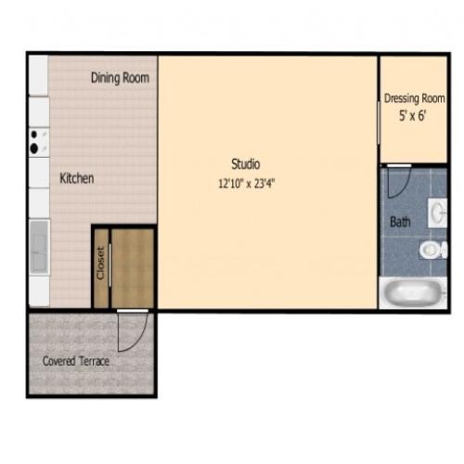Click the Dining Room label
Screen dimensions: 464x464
point(120,78)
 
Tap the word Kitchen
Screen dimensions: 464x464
point(77,178)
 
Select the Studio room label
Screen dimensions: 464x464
point(245,165)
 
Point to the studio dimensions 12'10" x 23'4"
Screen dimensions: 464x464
point(246,183)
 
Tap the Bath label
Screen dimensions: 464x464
point(399,223)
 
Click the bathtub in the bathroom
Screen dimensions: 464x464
point(415,294)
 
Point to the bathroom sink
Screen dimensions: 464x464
point(437,214)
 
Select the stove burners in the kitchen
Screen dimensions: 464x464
point(38,142)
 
